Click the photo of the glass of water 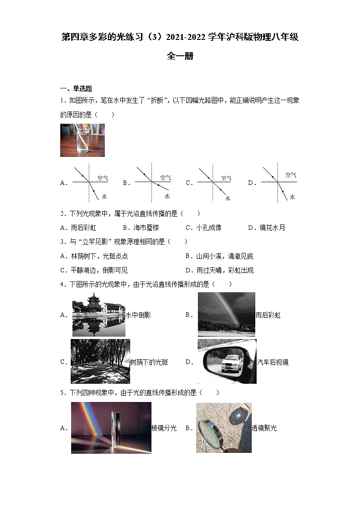[x=82, y=140]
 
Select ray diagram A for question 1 [x=88, y=182]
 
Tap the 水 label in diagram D [x=292, y=197]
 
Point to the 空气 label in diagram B [x=165, y=177]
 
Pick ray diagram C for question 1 [x=213, y=183]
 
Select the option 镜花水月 [x=272, y=228]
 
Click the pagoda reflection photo [x=98, y=315]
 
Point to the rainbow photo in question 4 [x=226, y=314]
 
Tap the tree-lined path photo [x=100, y=361]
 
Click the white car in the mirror [x=231, y=363]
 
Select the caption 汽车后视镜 [x=272, y=362]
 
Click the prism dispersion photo [x=111, y=427]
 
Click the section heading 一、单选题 [x=76, y=88]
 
